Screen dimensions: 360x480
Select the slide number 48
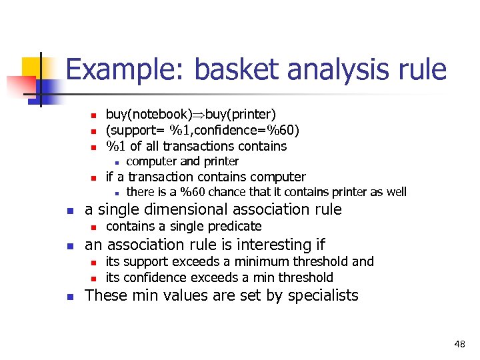(459, 344)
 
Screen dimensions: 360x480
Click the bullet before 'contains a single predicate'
(95, 227)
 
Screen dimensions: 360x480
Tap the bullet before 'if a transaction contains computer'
(95, 177)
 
